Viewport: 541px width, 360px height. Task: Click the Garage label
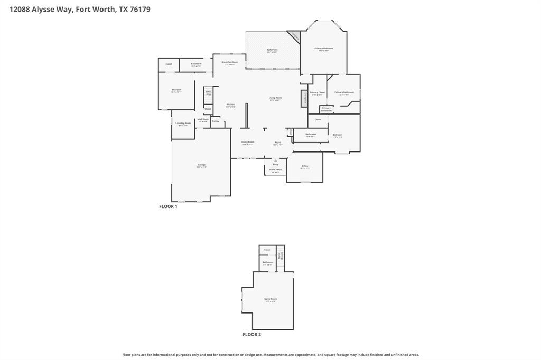[x=202, y=165]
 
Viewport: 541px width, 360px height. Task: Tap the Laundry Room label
[x=183, y=124]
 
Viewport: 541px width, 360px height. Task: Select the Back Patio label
[x=272, y=50]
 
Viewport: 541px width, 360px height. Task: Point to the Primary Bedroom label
[x=324, y=49]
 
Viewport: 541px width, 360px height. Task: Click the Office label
[x=305, y=166]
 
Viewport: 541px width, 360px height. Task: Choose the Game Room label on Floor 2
[x=270, y=299]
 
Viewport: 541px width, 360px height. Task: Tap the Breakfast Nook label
[x=230, y=62]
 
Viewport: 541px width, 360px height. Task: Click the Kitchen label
[x=230, y=105]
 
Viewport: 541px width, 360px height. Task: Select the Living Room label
[x=275, y=98]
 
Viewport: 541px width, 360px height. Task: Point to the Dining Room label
[x=247, y=142]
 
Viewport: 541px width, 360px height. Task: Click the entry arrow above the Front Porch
[x=275, y=160]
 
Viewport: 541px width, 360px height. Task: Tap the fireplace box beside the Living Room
[x=305, y=98]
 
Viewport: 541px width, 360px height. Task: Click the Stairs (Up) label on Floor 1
[x=208, y=92]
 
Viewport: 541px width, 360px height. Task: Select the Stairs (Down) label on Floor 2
[x=281, y=255]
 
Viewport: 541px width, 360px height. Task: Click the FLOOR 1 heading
[x=168, y=206]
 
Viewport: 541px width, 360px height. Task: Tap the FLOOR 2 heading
[x=251, y=334]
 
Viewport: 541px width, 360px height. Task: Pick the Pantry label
[x=216, y=121]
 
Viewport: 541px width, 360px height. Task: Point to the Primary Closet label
[x=317, y=93]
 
